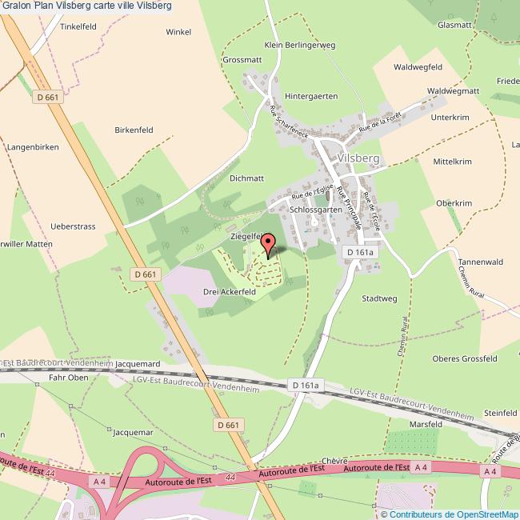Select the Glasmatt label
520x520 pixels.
(454, 25)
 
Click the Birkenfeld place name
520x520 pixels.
(134, 129)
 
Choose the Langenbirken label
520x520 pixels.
(33, 147)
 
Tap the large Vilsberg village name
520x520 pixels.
(358, 158)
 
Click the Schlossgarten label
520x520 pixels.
(316, 209)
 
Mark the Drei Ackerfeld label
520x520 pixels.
(229, 292)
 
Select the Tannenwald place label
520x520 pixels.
(479, 262)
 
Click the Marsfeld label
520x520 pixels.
(425, 423)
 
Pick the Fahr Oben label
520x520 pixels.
(68, 377)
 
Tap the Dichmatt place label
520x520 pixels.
(246, 178)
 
